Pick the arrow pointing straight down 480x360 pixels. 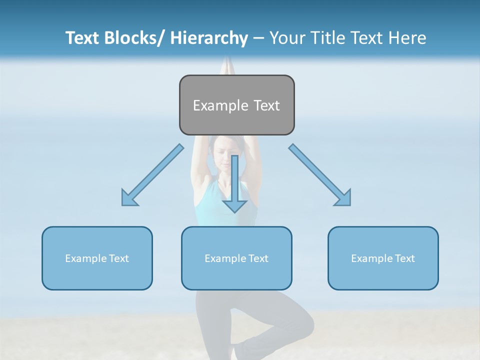click(234, 185)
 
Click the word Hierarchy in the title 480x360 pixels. click(209, 38)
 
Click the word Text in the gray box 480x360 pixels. click(266, 105)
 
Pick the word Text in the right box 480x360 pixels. click(404, 258)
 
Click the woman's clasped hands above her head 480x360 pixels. click(228, 65)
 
